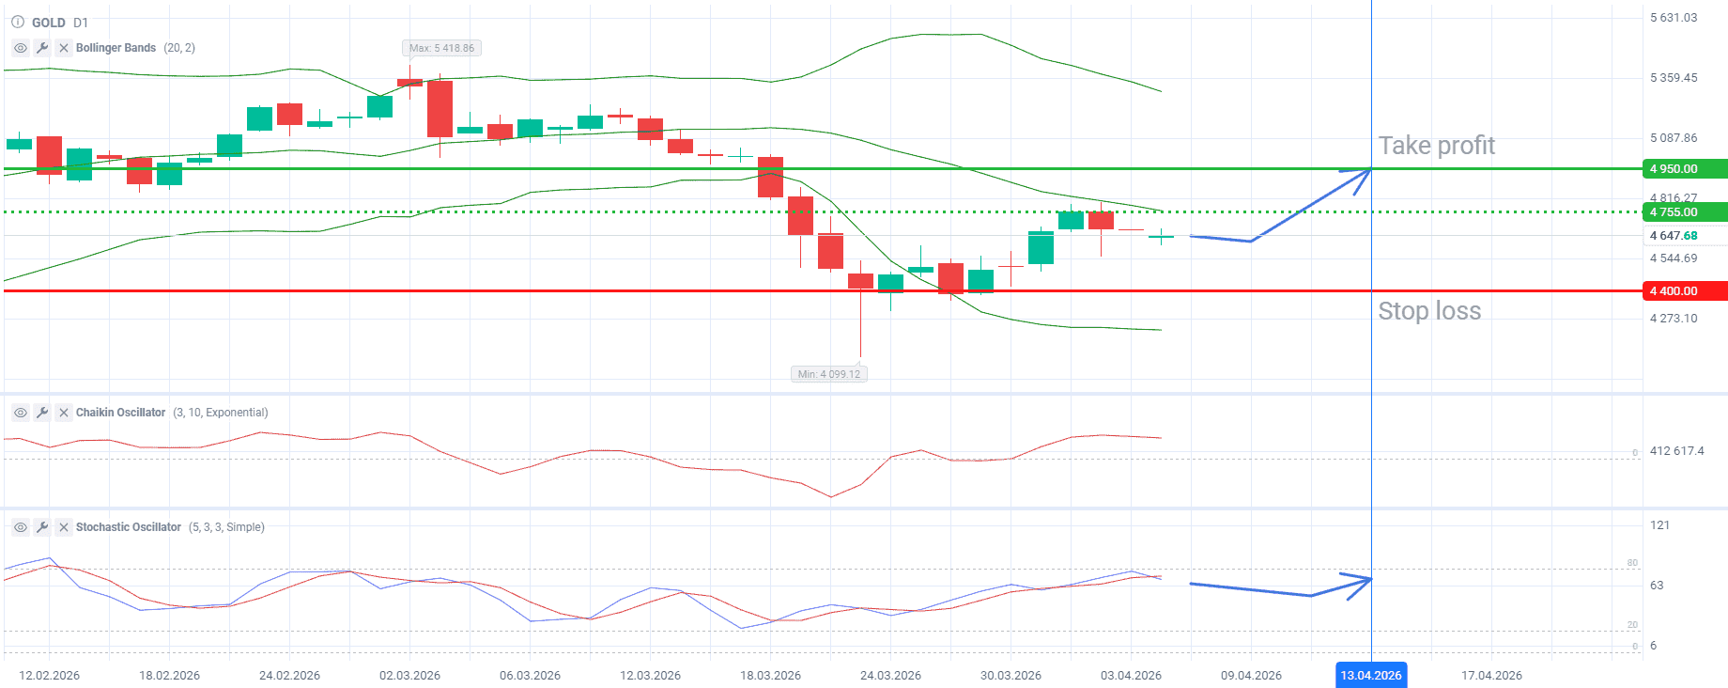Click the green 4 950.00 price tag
[x=1685, y=169]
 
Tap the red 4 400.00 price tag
[x=1685, y=291]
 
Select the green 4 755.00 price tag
[x=1685, y=212]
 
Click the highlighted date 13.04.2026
[x=1371, y=675]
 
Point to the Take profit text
[x=1436, y=146]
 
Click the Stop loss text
[x=1428, y=311]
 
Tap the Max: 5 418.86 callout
[x=441, y=48]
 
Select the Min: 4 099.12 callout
[x=828, y=374]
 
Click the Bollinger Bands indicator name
[x=116, y=48]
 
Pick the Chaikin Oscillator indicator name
[x=120, y=413]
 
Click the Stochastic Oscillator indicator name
[x=128, y=527]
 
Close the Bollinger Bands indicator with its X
[x=64, y=48]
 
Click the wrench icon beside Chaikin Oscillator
[x=42, y=413]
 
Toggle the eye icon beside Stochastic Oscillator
[x=21, y=527]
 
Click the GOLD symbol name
[x=48, y=23]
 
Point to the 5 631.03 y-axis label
[x=1674, y=18]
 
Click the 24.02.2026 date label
[x=289, y=675]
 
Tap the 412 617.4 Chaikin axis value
[x=1676, y=451]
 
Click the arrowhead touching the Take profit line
[x=1362, y=176]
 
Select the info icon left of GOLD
[x=18, y=22]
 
